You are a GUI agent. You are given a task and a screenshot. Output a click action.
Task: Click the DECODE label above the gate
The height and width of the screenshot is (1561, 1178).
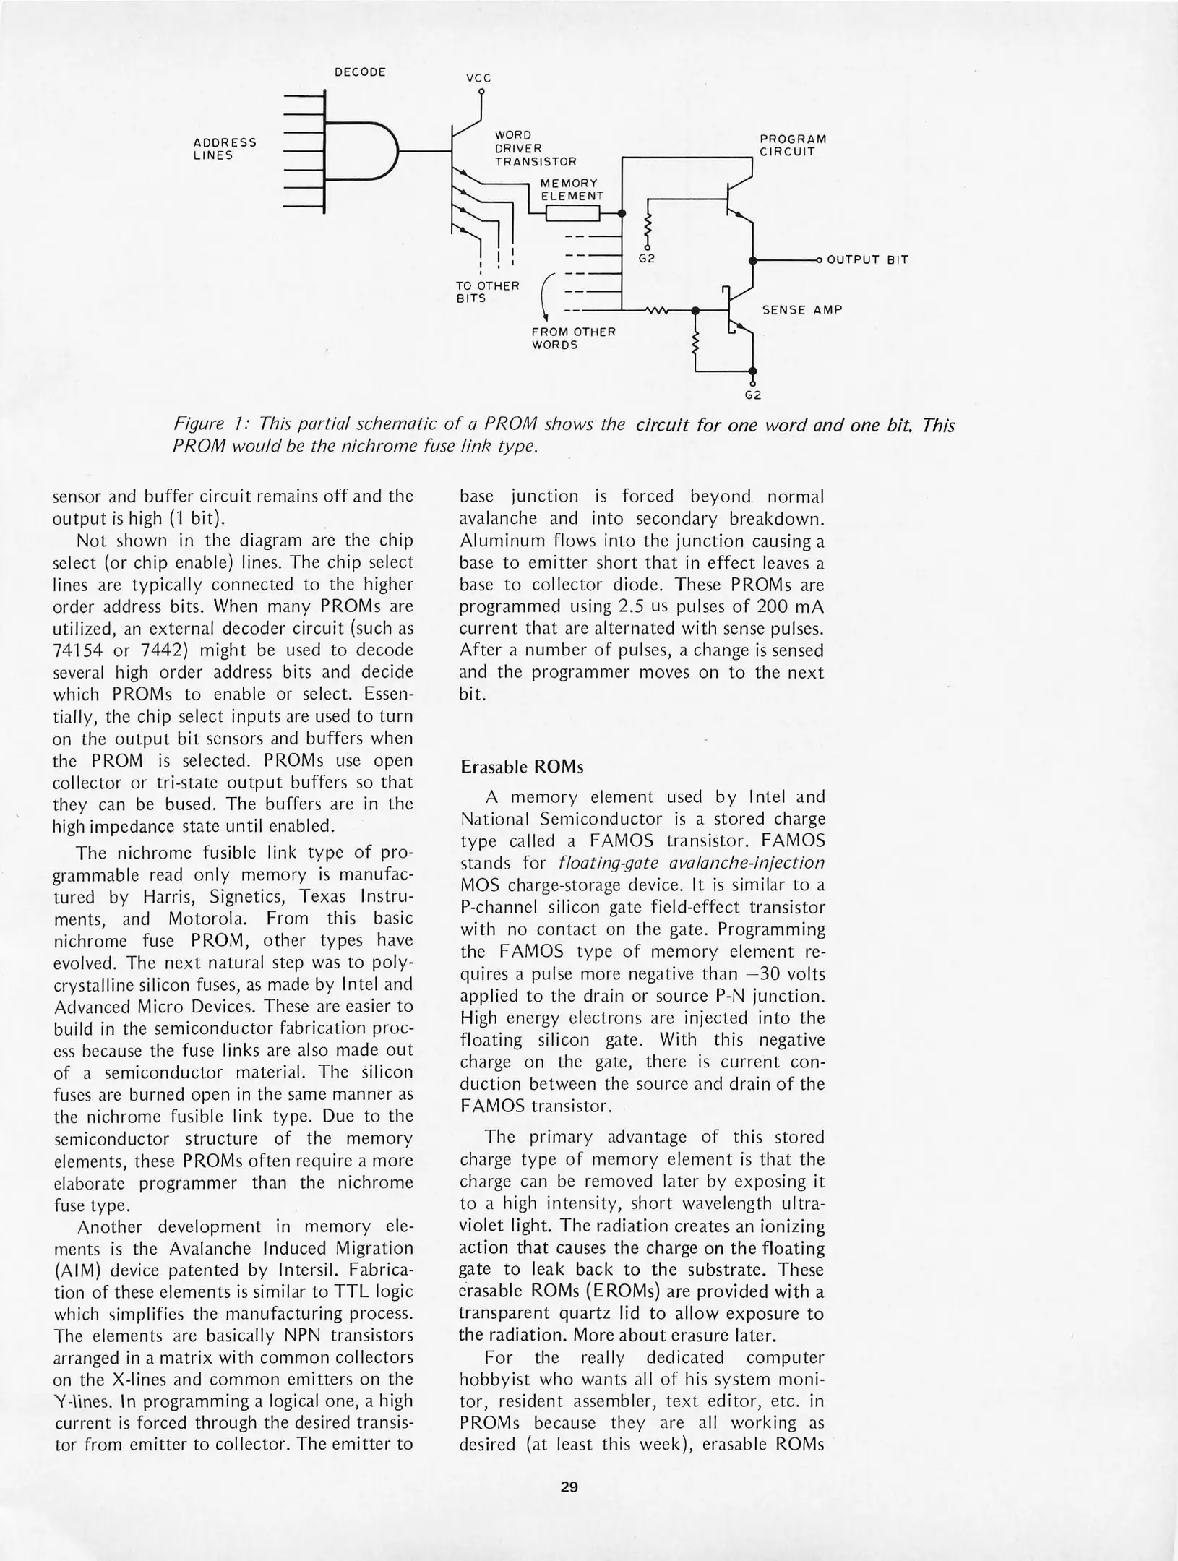[x=360, y=72]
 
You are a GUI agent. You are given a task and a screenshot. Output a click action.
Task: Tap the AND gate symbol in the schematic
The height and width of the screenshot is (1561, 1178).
[x=360, y=150]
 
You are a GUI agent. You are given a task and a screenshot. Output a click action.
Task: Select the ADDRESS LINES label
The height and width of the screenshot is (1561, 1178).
[x=225, y=149]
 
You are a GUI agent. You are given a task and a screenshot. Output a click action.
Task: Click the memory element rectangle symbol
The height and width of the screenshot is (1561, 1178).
[x=572, y=213]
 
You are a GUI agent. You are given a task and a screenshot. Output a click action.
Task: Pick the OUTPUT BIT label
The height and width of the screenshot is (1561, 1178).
[x=867, y=260]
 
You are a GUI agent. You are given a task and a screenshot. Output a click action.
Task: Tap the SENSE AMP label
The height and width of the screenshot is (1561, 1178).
[x=802, y=310]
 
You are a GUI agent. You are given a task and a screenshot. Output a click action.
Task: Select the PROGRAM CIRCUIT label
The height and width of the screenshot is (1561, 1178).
[x=793, y=145]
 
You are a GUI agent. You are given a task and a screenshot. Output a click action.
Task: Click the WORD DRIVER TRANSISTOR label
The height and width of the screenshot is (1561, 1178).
[x=535, y=148]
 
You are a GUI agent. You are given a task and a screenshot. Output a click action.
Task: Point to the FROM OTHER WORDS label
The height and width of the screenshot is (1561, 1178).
[x=573, y=338]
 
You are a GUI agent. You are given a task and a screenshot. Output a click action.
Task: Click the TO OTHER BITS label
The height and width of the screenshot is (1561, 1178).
[x=487, y=292]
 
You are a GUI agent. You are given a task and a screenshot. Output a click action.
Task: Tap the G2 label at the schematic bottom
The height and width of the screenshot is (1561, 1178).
[x=753, y=395]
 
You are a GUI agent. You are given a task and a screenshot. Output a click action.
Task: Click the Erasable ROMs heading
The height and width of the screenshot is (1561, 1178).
[x=522, y=767]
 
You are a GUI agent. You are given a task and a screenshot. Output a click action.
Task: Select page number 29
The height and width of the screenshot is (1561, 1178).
[x=569, y=1487]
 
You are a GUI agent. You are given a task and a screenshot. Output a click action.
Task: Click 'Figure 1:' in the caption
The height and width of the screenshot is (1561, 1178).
[x=210, y=425]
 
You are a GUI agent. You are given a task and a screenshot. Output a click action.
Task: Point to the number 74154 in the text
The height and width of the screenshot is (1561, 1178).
[x=77, y=650]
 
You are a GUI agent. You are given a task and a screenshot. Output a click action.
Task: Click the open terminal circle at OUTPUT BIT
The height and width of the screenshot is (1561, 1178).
[x=819, y=260]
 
